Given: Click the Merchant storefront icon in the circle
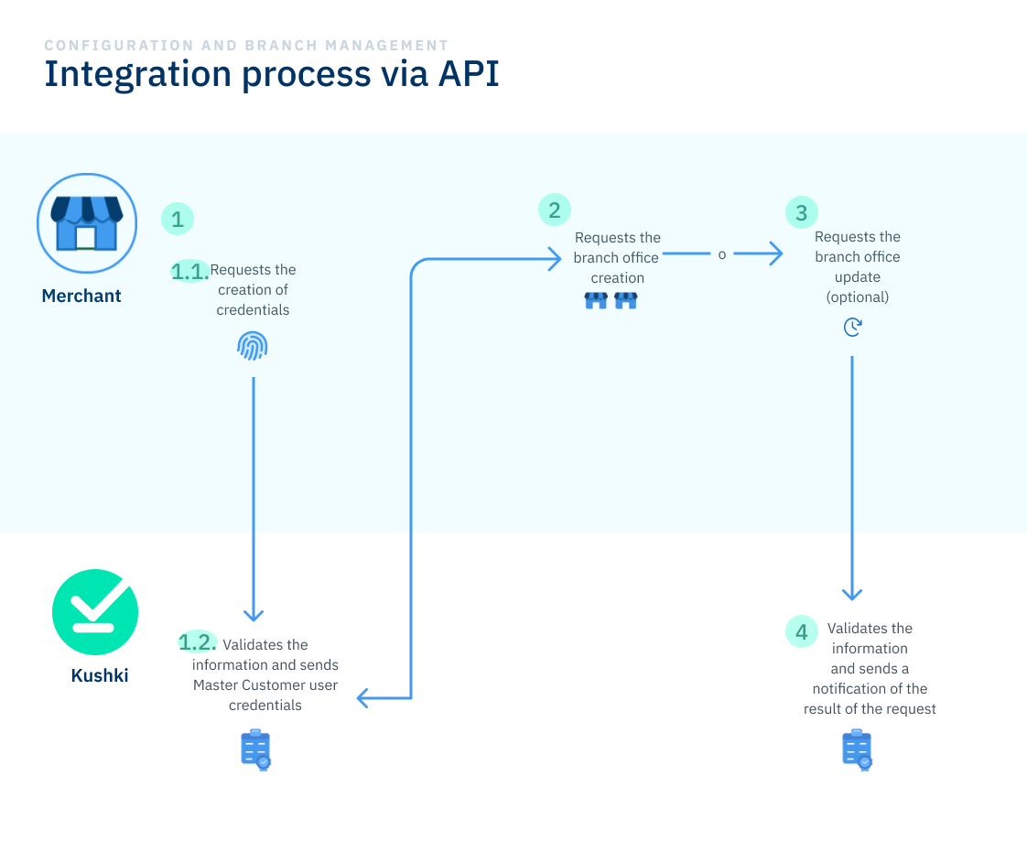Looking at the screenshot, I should coord(86,223).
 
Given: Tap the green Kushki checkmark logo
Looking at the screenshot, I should coord(95,612).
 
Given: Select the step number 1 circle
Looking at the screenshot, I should coord(178,219).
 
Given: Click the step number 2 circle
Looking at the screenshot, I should coord(554,210).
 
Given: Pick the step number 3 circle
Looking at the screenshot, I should coord(802,213).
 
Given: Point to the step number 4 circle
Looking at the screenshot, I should coord(802,631).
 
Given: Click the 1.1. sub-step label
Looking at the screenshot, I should coord(190,270).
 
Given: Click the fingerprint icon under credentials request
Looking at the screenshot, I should coord(253,345).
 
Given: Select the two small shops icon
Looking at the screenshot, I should coord(611,300).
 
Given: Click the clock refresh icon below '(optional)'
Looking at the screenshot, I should coord(852,327).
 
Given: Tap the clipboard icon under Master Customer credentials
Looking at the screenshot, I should coord(255,750).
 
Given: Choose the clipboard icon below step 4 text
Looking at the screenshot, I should coord(857,750).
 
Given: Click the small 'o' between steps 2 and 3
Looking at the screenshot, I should coord(722,255).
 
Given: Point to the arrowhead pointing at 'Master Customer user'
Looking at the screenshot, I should coord(362,698).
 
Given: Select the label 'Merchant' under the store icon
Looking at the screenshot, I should coord(81,296).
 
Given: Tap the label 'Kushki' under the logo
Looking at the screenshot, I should coord(100,676).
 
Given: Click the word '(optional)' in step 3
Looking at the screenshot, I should coord(857,297).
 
